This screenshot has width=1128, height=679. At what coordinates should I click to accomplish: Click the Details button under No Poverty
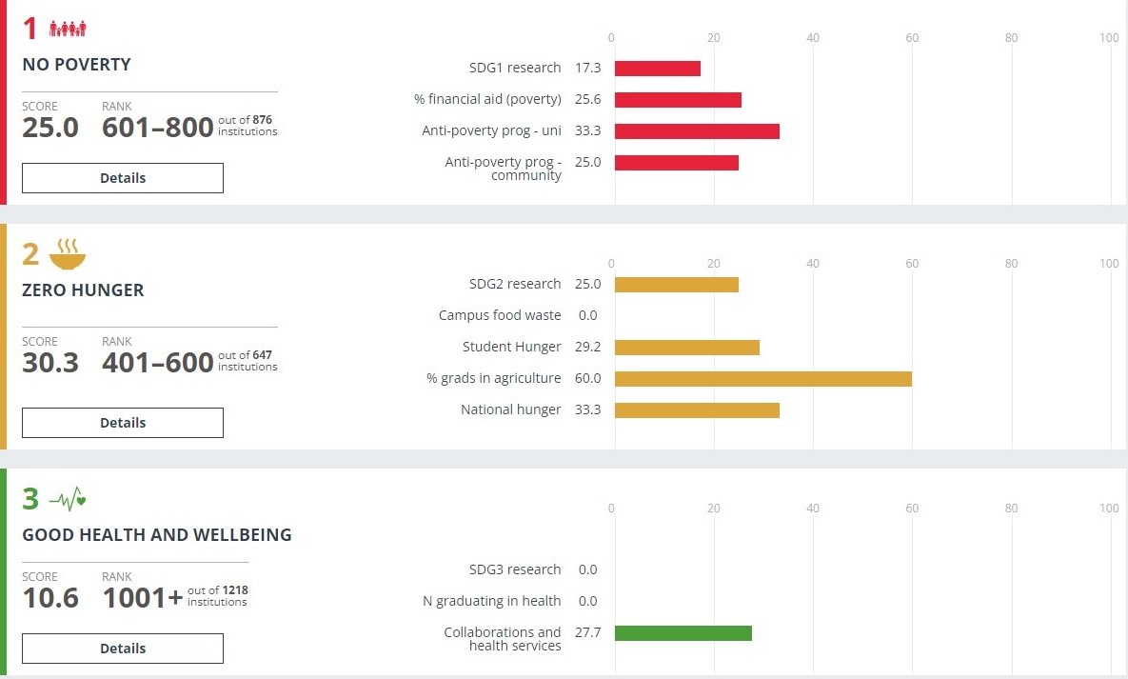coord(123,178)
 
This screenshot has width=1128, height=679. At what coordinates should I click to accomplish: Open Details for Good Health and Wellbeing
coord(123,649)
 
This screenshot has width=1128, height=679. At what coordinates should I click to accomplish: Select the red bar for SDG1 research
coord(658,69)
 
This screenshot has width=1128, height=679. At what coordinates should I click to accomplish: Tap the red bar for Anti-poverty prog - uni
coord(697,131)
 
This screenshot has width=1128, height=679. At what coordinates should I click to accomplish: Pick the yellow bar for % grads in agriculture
coord(763,379)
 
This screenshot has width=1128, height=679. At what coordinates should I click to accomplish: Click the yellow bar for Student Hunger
coord(687,348)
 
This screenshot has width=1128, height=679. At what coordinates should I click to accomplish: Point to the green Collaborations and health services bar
coord(683,633)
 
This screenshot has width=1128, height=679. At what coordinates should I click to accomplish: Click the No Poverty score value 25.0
coord(50,128)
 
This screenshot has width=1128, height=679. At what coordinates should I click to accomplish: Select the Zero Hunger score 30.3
coord(50,363)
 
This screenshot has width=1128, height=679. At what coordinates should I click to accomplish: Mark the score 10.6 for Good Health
coord(50,598)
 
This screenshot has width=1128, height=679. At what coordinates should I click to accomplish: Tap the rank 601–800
coord(158,128)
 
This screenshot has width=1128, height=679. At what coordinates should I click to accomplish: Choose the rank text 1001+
coord(143,598)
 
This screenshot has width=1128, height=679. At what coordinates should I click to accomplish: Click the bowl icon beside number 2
coord(68,254)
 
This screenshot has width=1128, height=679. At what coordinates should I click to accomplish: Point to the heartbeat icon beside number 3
coord(68,499)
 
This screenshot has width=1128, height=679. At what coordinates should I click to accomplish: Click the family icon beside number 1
coord(68,30)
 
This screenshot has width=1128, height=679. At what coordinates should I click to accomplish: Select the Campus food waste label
coord(500,315)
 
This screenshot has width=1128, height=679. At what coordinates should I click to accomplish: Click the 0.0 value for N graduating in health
coord(587,601)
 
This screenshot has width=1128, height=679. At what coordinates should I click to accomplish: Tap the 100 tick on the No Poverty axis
coord(1109,38)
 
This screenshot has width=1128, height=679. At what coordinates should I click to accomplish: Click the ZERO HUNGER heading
coord(83,290)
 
